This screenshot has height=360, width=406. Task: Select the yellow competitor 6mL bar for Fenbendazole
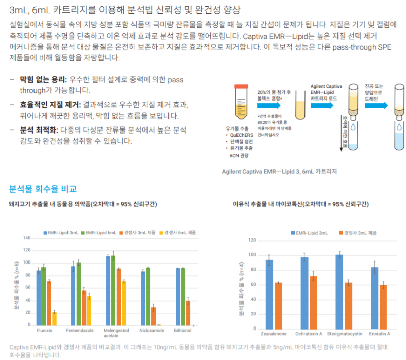point(89,310)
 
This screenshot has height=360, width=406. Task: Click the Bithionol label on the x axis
point(182,331)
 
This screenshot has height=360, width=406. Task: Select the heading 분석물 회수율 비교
point(43,189)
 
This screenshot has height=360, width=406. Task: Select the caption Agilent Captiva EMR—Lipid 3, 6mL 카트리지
point(280,171)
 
